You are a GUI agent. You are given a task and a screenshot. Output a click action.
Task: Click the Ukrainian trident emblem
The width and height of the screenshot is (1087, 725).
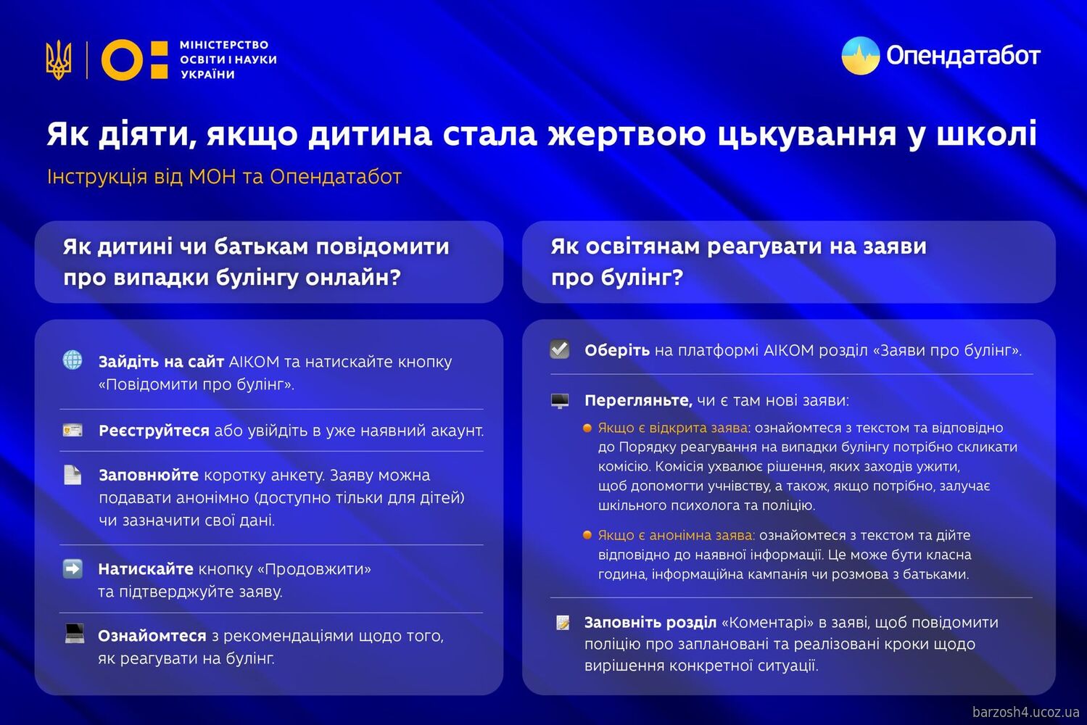pyautogui.click(x=59, y=59)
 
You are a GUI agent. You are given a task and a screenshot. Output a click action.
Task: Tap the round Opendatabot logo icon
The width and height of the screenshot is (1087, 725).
pyautogui.click(x=861, y=56)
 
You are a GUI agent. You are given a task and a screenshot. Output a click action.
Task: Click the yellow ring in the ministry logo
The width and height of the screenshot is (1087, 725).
pyautogui.click(x=122, y=59)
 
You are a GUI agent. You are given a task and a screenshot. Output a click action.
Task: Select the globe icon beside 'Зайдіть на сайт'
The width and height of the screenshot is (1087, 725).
pyautogui.click(x=73, y=360)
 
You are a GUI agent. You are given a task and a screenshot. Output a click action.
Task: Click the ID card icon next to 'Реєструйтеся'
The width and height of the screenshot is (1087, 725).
pyautogui.click(x=73, y=431)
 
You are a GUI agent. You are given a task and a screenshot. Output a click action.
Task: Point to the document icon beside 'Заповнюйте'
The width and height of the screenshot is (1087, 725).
pyautogui.click(x=73, y=475)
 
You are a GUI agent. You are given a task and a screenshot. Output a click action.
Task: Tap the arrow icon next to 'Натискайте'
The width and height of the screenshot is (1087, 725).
pyautogui.click(x=73, y=568)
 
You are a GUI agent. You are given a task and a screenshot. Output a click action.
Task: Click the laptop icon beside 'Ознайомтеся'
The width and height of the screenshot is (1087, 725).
pyautogui.click(x=74, y=634)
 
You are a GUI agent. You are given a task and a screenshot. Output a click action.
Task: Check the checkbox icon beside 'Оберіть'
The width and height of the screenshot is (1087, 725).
pyautogui.click(x=560, y=349)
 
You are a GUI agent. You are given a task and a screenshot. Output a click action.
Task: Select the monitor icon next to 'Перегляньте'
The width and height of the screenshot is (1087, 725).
pyautogui.click(x=560, y=400)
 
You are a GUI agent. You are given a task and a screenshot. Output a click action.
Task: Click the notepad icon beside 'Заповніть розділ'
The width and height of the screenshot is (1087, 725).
pyautogui.click(x=563, y=622)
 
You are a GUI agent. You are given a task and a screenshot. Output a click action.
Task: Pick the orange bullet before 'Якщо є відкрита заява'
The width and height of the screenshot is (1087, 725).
pyautogui.click(x=587, y=428)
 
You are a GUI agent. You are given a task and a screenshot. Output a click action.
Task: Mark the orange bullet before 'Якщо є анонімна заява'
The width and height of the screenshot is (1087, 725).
pyautogui.click(x=587, y=535)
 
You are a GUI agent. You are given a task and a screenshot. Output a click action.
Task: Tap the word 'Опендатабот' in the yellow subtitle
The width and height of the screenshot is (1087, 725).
pyautogui.click(x=336, y=177)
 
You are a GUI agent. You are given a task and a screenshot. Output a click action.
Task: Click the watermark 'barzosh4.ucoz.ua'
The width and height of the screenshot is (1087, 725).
pyautogui.click(x=1025, y=712)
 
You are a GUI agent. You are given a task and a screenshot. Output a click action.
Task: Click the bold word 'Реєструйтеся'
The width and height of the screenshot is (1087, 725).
pyautogui.click(x=154, y=431)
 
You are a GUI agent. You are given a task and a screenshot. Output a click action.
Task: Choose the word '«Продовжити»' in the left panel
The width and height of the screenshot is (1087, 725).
pyautogui.click(x=314, y=569)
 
